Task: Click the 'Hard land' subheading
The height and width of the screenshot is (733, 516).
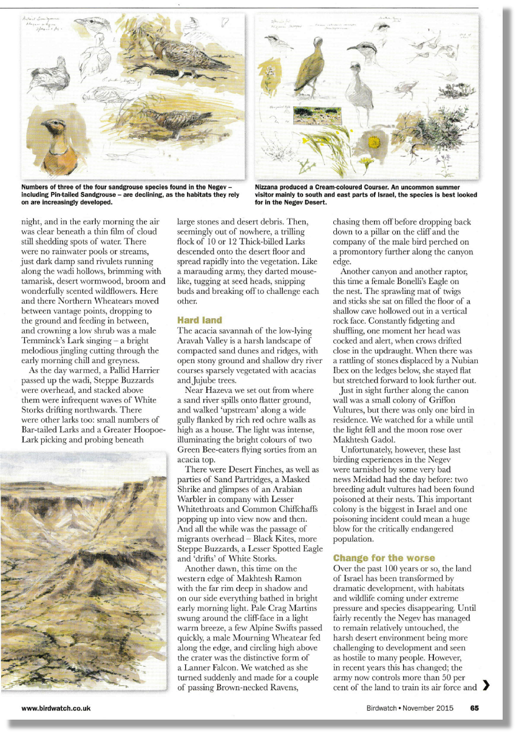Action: pyautogui.click(x=200, y=319)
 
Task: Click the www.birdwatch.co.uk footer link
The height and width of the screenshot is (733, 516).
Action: pyautogui.click(x=56, y=707)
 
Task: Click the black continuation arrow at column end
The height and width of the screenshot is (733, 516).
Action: pyautogui.click(x=486, y=687)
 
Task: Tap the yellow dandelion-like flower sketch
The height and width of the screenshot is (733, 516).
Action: pyautogui.click(x=366, y=162)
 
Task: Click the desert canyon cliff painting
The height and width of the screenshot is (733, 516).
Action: pyautogui.click(x=83, y=571)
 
